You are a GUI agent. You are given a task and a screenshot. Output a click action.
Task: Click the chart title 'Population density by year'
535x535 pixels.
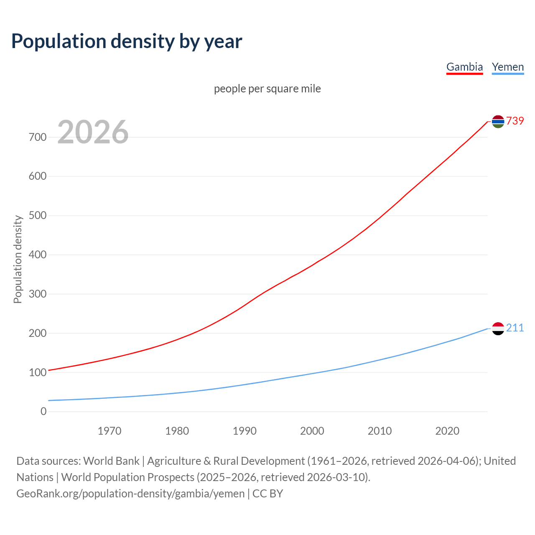click(127, 41)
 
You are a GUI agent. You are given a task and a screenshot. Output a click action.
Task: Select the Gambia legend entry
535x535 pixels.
click(464, 67)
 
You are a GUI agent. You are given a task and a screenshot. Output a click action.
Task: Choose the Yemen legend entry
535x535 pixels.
click(507, 67)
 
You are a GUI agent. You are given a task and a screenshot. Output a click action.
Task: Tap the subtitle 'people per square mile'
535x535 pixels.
click(267, 89)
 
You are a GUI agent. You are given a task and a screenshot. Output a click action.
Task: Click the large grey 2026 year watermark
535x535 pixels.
click(93, 132)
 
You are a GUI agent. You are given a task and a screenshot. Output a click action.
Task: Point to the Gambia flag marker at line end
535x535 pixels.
click(498, 121)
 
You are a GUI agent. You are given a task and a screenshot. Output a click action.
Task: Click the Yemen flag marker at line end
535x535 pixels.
click(498, 329)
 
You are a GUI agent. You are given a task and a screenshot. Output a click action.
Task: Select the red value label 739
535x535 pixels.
click(515, 121)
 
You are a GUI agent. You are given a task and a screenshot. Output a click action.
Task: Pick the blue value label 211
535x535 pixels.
click(515, 328)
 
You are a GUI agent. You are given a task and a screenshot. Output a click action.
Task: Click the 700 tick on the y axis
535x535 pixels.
click(38, 137)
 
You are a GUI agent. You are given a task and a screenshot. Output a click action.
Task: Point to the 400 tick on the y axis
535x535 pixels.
click(38, 255)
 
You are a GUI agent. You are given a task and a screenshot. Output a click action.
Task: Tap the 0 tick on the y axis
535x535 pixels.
click(43, 411)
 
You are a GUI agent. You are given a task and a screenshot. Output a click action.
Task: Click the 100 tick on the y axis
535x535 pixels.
click(38, 372)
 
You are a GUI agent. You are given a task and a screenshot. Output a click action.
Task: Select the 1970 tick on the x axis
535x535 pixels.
click(110, 431)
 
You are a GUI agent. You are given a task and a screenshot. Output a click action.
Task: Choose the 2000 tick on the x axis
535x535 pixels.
click(312, 431)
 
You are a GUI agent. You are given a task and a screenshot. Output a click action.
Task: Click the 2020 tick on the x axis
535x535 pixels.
click(447, 431)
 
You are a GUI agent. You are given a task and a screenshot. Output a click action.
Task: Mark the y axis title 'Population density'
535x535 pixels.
click(18, 259)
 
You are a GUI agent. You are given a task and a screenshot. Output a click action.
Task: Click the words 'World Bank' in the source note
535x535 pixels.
click(111, 461)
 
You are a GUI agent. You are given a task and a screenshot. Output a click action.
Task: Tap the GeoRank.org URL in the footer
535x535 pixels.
click(130, 494)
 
